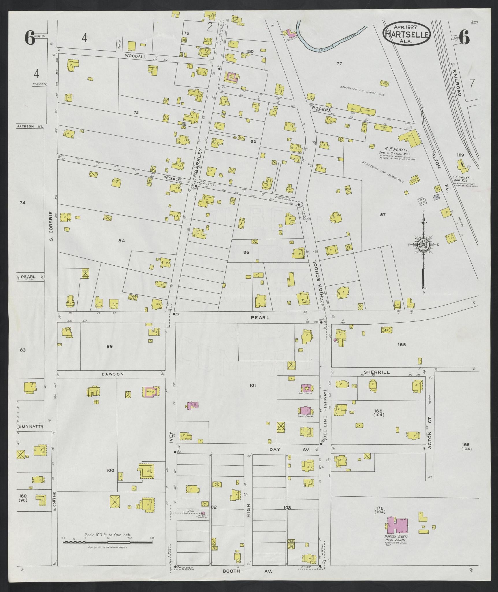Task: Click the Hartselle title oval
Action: point(406,34)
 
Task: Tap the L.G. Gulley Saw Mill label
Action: point(465,179)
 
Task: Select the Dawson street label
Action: point(113,374)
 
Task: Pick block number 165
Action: point(402,345)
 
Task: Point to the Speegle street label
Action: point(172,179)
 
